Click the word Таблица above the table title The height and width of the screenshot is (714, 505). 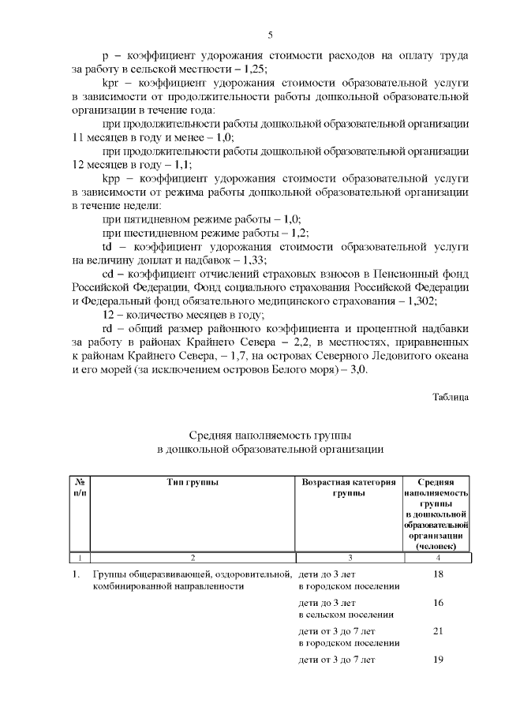click(451, 397)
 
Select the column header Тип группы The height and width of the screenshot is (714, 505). click(193, 482)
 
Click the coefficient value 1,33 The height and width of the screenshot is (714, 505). click(252, 260)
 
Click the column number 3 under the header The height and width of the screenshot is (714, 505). click(350, 557)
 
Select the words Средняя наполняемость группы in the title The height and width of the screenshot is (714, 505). click(270, 436)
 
